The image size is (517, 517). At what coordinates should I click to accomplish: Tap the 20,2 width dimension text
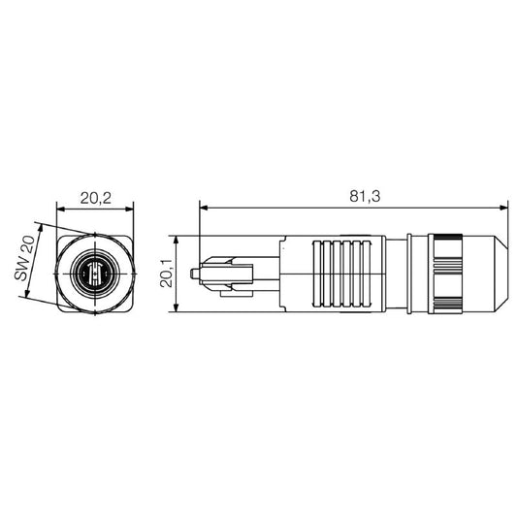tap(95, 198)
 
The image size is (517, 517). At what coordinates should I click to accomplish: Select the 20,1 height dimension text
tap(166, 275)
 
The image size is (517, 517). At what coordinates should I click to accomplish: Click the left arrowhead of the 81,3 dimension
tap(204, 207)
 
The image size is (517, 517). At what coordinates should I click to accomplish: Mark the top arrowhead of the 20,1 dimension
tap(176, 240)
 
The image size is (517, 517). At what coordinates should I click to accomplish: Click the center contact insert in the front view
tap(94, 274)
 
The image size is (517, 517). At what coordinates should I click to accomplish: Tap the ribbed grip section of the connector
tap(341, 274)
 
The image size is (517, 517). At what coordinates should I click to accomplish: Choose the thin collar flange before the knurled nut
tap(412, 274)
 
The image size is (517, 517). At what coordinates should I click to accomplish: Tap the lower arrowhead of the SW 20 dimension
tap(25, 302)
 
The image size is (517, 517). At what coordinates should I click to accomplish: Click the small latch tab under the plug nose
tap(233, 288)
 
